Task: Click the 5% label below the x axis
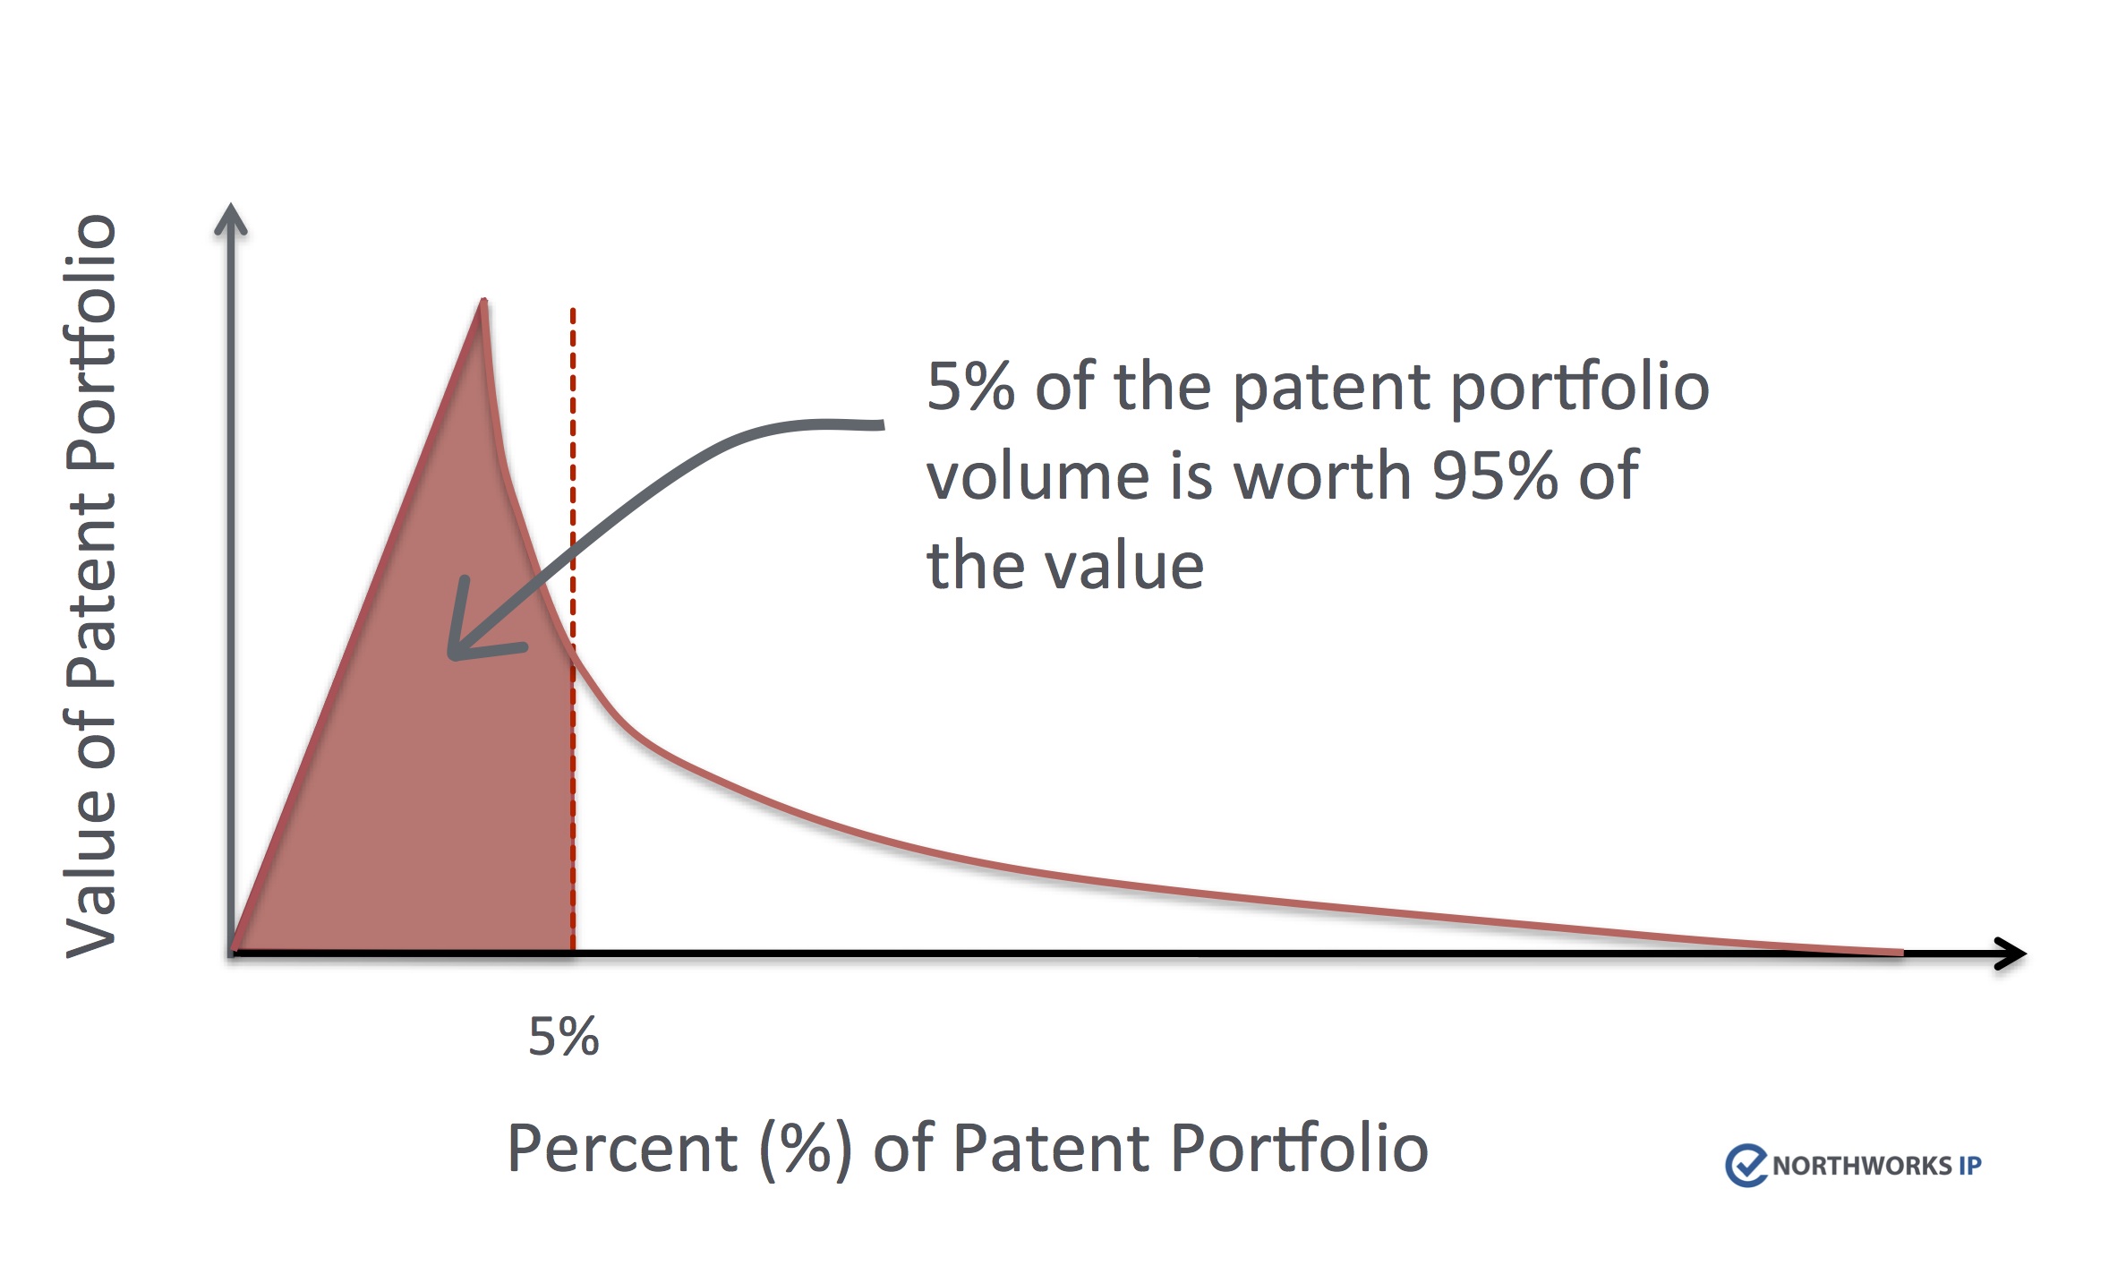[x=563, y=1037]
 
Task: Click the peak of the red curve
[x=483, y=300]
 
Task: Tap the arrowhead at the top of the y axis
[x=231, y=218]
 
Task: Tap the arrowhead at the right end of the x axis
[x=2011, y=953]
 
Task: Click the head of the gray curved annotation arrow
[x=474, y=627]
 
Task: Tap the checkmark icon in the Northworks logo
[x=1746, y=1165]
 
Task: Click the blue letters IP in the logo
[x=1970, y=1166]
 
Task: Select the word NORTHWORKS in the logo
[x=1862, y=1166]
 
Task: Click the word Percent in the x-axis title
[x=622, y=1148]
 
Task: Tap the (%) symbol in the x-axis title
[x=805, y=1150]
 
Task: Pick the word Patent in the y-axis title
[x=90, y=572]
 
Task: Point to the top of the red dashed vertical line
[x=573, y=311]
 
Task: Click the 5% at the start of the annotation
[x=970, y=387]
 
